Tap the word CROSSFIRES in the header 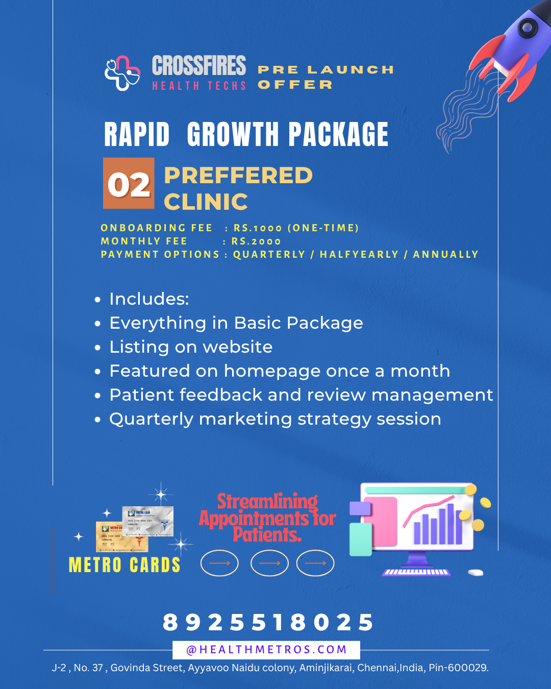[199, 66]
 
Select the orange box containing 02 [129, 184]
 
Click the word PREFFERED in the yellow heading [238, 176]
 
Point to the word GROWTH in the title [233, 135]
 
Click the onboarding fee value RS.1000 [258, 228]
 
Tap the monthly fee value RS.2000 [256, 241]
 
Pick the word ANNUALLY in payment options [445, 255]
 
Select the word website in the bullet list [238, 347]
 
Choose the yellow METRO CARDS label [124, 565]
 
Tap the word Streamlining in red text [267, 502]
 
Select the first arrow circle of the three [219, 563]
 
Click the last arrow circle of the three [315, 563]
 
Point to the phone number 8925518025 [268, 623]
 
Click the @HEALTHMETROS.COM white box [266, 650]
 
